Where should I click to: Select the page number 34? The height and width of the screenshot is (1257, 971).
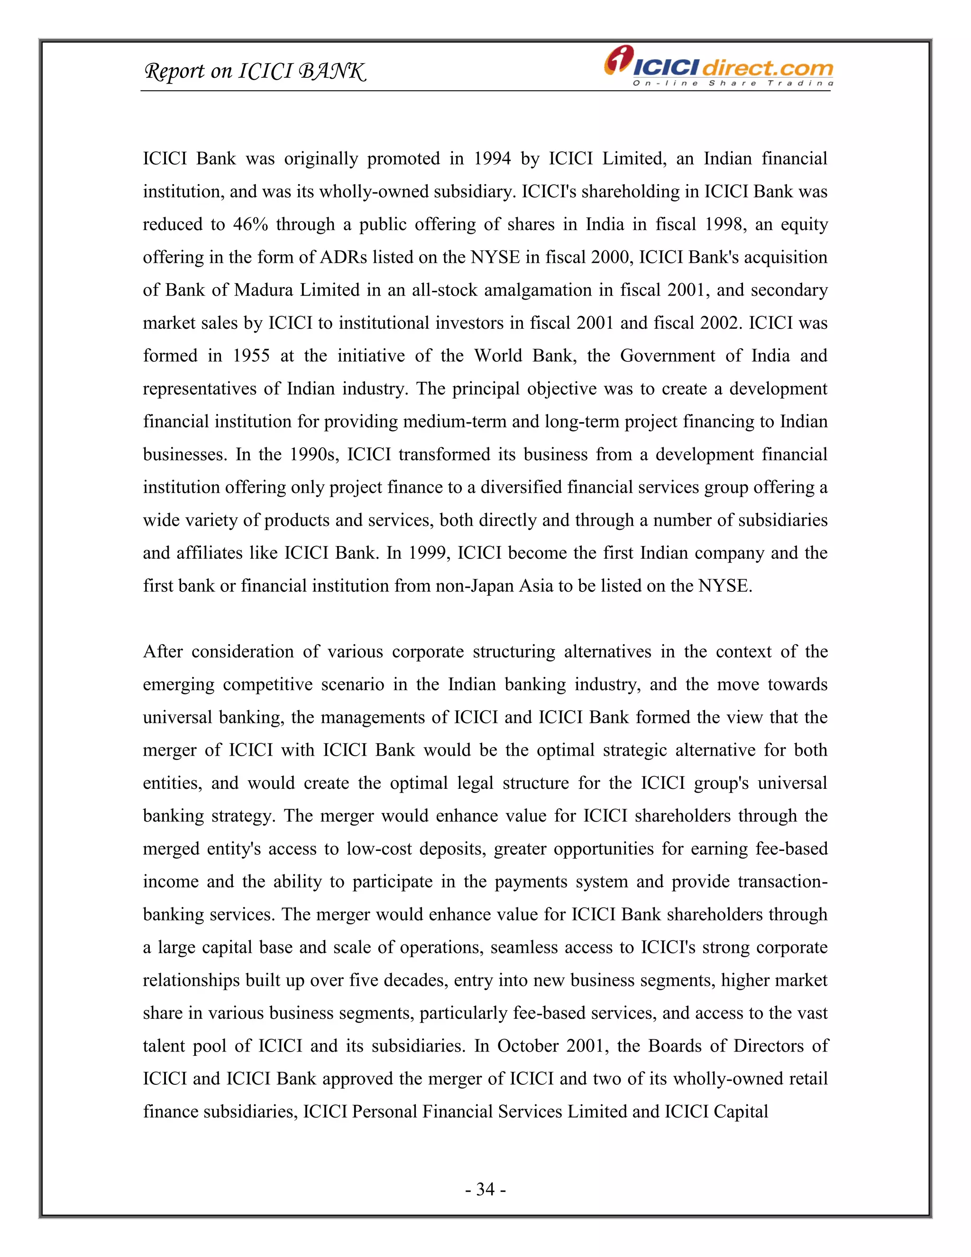pyautogui.click(x=485, y=1189)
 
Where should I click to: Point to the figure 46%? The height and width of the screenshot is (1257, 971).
pyautogui.click(x=250, y=224)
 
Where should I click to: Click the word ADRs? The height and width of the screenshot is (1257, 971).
pyautogui.click(x=343, y=257)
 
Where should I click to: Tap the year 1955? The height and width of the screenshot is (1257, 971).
pyautogui.click(x=251, y=356)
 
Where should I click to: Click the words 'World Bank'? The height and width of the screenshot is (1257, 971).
pyautogui.click(x=525, y=356)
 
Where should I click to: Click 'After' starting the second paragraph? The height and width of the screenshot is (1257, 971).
pyautogui.click(x=163, y=652)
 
